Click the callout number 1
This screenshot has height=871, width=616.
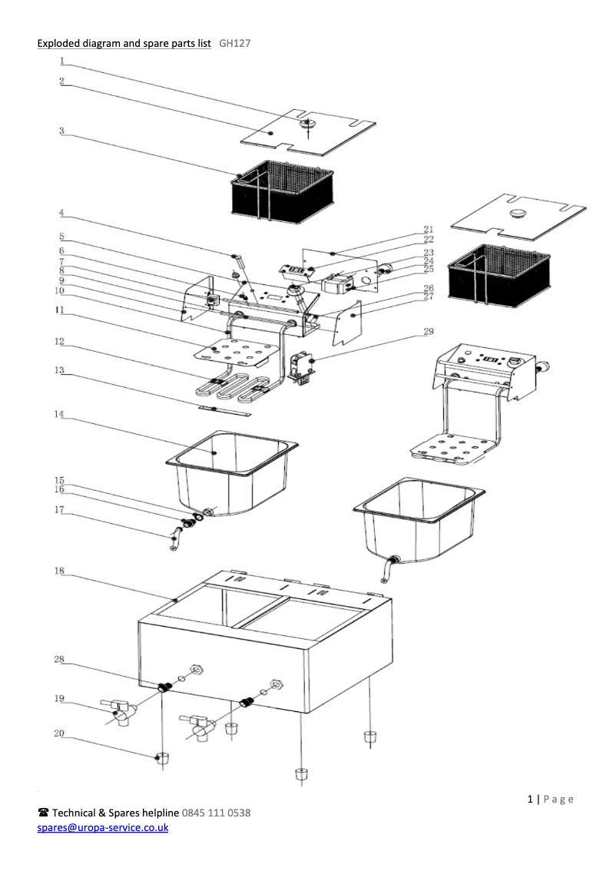coord(62,61)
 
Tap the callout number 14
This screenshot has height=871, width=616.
coord(59,415)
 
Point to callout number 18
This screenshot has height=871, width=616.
coord(59,571)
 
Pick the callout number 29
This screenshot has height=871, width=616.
coord(428,332)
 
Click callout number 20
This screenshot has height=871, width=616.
coord(59,734)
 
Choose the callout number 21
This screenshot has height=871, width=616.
coord(428,229)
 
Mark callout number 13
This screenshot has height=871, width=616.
coord(59,370)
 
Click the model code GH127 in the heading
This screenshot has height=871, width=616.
coord(234,44)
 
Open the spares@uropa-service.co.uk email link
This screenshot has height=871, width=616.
coord(103,828)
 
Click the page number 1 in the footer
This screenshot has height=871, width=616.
coord(531,799)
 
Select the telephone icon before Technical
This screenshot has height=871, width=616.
coord(44,813)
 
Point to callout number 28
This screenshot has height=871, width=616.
coord(59,660)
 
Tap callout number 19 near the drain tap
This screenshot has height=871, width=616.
coord(59,698)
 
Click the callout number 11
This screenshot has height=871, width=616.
coord(59,310)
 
